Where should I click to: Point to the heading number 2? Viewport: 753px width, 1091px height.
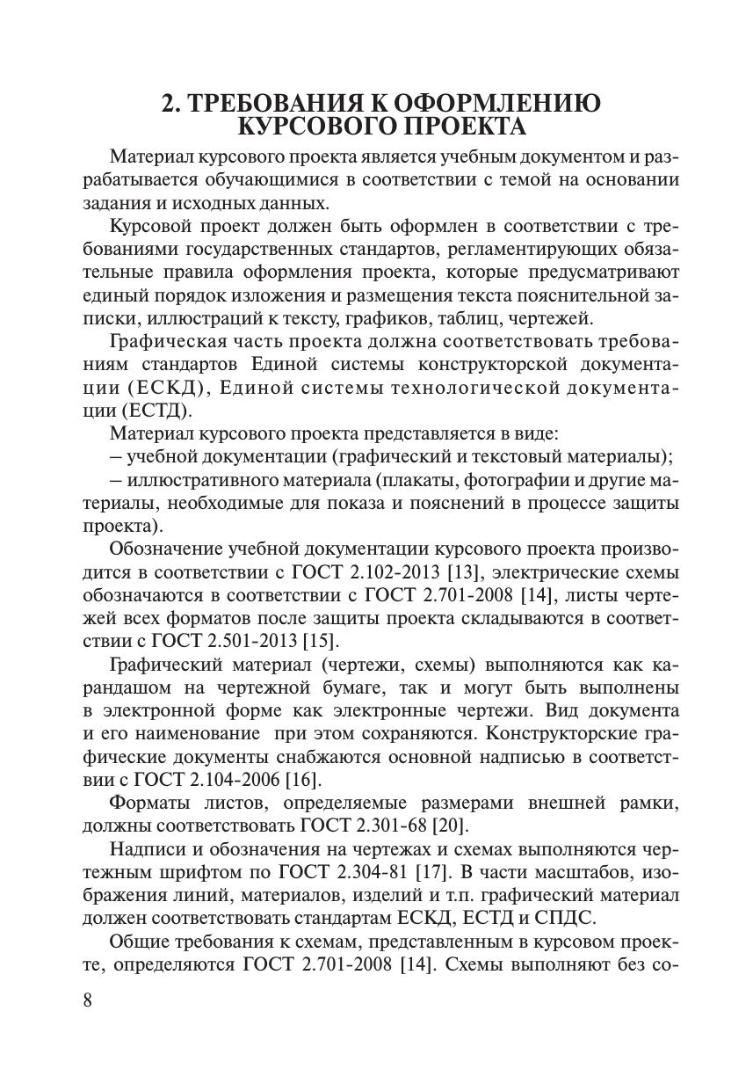[x=170, y=103]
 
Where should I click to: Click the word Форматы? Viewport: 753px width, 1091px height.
[x=146, y=802]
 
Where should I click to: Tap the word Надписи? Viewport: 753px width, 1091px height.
[x=146, y=849]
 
